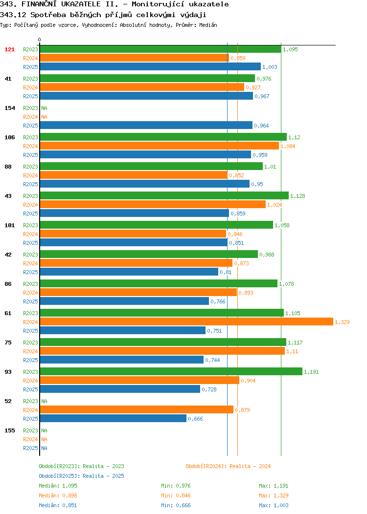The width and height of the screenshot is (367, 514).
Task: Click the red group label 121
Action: point(9,49)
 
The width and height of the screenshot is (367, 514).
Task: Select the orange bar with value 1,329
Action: point(186,321)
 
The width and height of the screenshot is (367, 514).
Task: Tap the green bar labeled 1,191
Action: point(171,371)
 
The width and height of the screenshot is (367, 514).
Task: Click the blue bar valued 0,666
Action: point(113,418)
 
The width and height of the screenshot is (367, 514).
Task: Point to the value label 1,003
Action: point(270,67)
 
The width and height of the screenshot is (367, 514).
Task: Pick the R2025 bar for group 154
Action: point(146,125)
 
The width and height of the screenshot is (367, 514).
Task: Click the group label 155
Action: point(9,430)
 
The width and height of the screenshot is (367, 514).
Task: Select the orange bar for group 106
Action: point(159,146)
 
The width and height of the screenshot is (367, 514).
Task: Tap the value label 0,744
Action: point(212,360)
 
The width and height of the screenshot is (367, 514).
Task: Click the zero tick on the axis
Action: point(40,40)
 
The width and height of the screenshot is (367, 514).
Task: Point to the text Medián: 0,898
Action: point(58,495)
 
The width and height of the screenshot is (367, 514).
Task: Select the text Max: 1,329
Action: point(274,495)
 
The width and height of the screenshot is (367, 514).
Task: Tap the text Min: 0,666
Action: point(176,506)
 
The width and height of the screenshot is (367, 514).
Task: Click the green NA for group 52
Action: point(45,401)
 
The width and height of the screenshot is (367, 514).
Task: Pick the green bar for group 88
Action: point(151,166)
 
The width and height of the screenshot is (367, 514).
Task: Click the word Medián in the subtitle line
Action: point(208,25)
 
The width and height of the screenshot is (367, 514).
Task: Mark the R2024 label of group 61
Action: point(30,322)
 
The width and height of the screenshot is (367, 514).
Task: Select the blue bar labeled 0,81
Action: point(129,272)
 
